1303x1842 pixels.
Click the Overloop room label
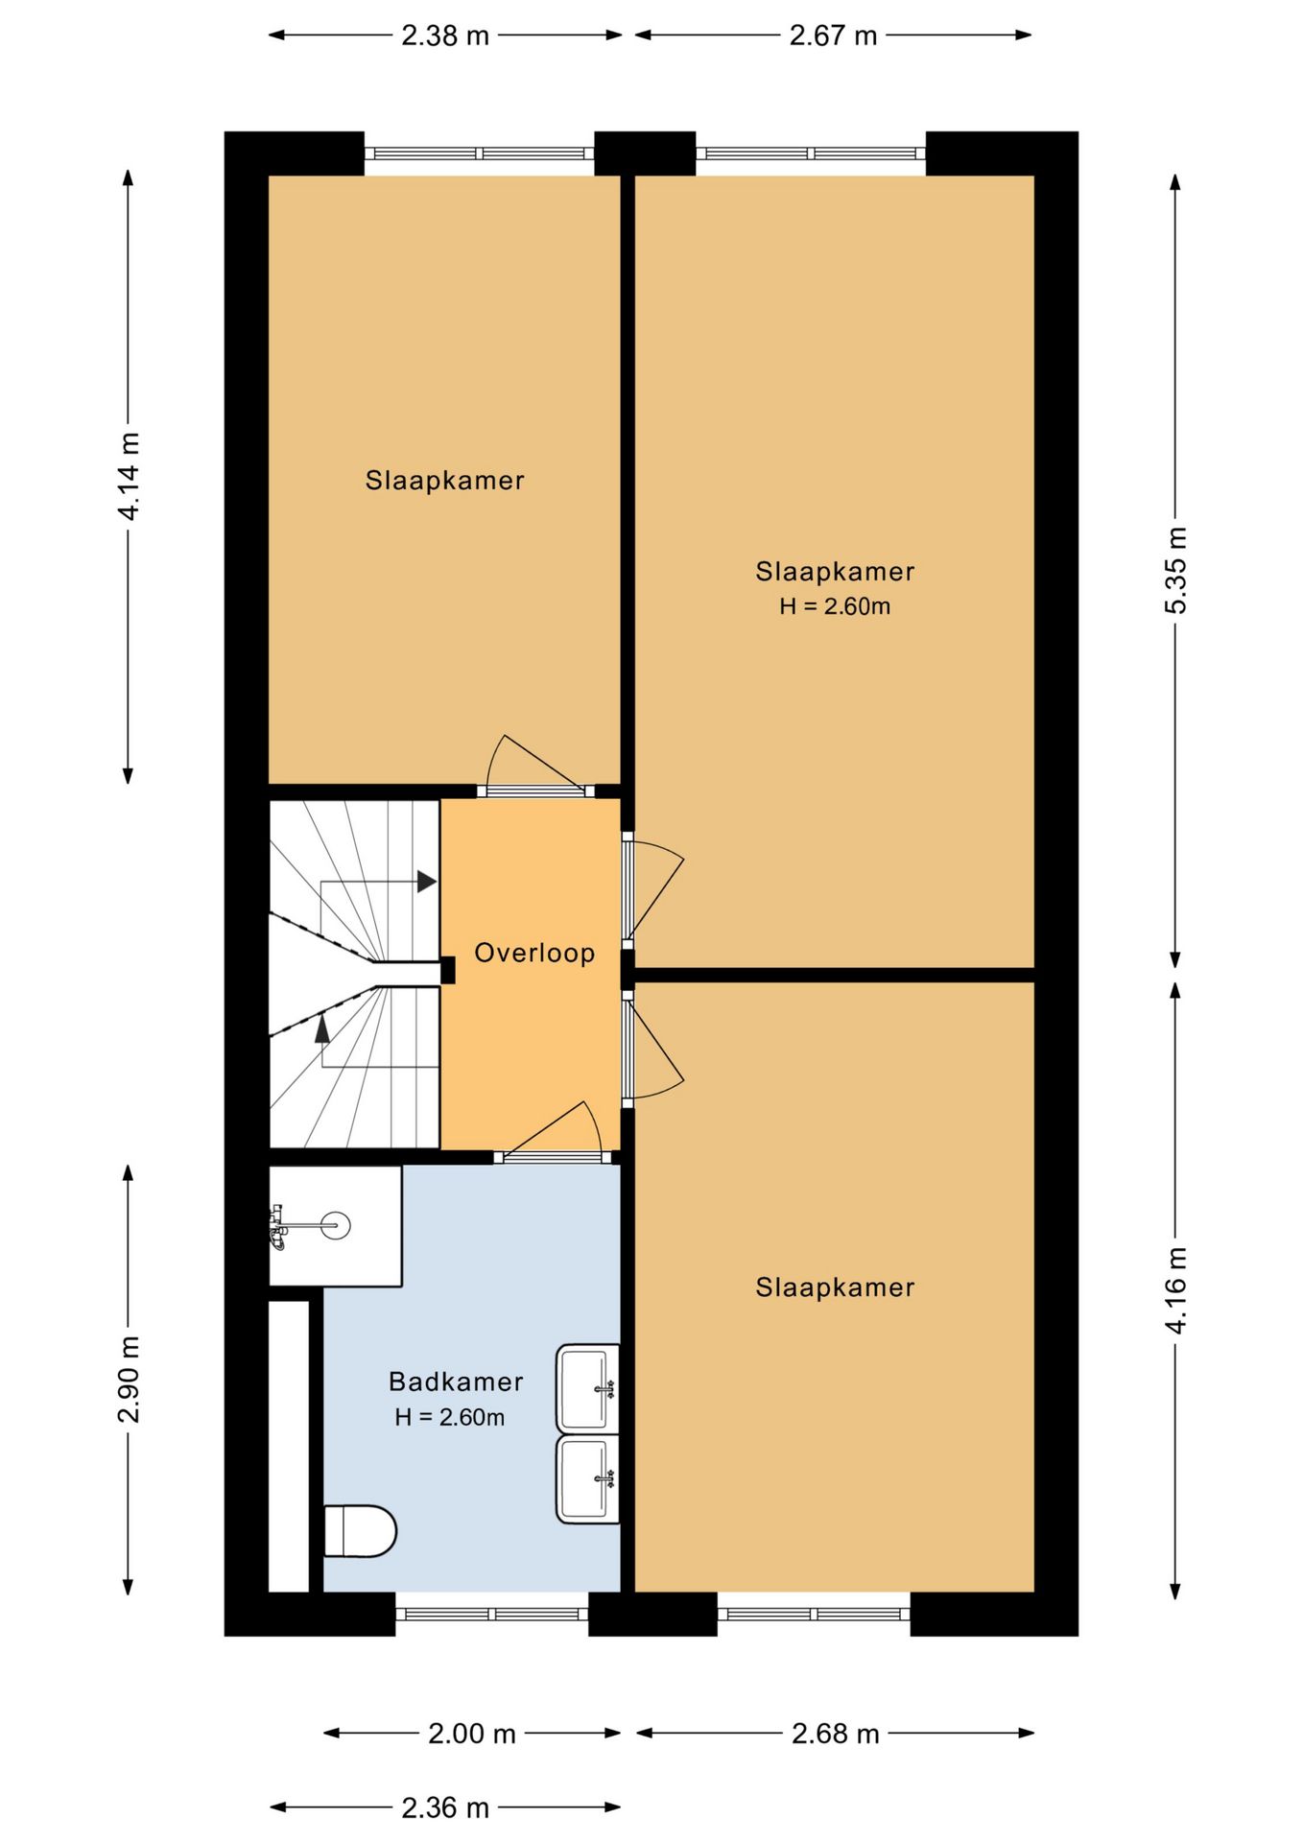point(534,953)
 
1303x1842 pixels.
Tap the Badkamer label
point(456,1381)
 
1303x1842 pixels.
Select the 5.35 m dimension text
point(1176,570)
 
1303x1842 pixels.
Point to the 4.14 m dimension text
point(128,476)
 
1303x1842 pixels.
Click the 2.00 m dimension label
point(472,1734)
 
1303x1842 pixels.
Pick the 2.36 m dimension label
point(445,1807)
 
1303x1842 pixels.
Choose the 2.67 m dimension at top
point(833,35)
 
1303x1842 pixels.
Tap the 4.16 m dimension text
point(1176,1290)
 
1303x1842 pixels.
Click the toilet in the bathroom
point(360,1530)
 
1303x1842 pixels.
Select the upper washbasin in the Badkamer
point(587,1388)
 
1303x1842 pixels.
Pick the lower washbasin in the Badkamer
point(587,1479)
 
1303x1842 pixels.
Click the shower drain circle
point(336,1225)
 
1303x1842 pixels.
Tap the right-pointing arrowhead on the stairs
point(427,882)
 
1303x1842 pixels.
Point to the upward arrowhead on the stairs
point(322,1028)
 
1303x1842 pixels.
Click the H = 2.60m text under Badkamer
point(449,1417)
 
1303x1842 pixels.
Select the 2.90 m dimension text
point(128,1380)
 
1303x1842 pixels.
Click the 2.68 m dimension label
point(835,1734)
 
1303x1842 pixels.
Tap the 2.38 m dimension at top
point(445,35)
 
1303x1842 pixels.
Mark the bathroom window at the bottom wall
point(491,1614)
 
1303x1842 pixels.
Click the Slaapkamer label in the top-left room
point(444,480)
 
